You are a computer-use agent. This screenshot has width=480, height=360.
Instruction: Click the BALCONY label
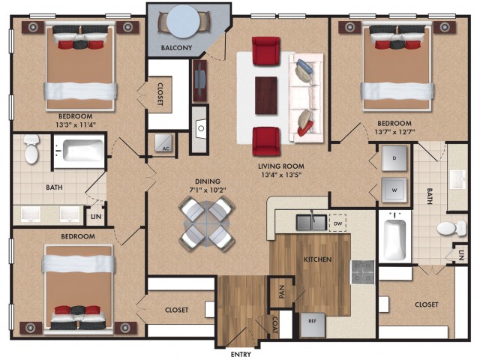(177, 48)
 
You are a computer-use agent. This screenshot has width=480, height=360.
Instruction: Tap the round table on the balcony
(184, 21)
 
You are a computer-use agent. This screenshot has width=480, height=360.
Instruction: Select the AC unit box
(163, 143)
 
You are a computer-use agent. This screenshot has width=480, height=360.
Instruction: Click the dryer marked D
(394, 158)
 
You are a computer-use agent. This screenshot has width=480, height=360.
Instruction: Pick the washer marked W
(394, 190)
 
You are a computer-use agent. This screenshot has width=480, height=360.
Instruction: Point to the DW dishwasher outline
(337, 223)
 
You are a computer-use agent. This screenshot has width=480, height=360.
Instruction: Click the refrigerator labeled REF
(312, 325)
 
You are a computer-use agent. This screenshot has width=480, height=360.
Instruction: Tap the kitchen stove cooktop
(362, 272)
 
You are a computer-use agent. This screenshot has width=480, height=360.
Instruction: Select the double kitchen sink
(312, 222)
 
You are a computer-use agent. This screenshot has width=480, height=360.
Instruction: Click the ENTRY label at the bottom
(241, 354)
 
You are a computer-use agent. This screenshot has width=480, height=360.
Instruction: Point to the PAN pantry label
(282, 292)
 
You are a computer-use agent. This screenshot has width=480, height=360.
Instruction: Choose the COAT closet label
(274, 325)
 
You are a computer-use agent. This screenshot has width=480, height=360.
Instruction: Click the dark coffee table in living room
(266, 95)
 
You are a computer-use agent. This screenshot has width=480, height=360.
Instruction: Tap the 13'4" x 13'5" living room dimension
(281, 175)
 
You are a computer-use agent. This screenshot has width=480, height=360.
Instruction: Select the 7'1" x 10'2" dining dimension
(208, 190)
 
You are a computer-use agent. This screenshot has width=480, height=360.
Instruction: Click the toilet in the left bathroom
(31, 148)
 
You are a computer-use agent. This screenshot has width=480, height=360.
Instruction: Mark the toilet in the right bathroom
(451, 228)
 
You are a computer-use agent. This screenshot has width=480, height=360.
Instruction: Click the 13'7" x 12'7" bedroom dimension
(394, 132)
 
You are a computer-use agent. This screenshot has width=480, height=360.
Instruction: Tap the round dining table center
(207, 224)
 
